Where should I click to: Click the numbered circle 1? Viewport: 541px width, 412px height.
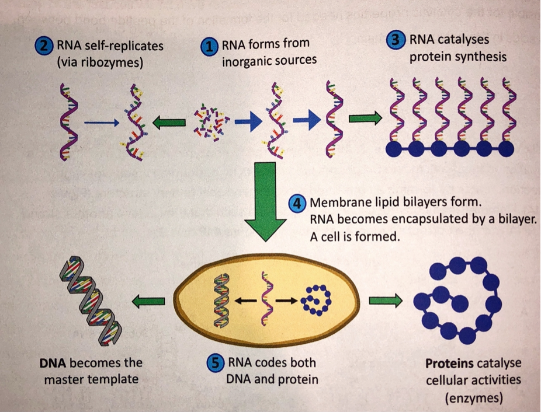209,47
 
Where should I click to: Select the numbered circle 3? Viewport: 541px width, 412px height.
396,40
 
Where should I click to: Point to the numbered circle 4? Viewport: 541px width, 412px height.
297,204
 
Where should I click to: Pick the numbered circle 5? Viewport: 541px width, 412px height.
216,364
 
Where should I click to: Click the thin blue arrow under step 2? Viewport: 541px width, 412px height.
102,123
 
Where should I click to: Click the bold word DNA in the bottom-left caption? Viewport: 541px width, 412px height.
53,363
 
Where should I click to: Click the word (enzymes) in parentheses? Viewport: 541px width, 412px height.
474,398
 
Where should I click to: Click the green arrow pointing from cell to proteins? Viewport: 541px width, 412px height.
386,301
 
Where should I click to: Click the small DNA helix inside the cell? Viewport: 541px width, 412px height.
221,301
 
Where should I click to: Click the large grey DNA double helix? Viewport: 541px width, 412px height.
91,301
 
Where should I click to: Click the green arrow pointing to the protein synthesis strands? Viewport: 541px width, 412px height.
365,118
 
